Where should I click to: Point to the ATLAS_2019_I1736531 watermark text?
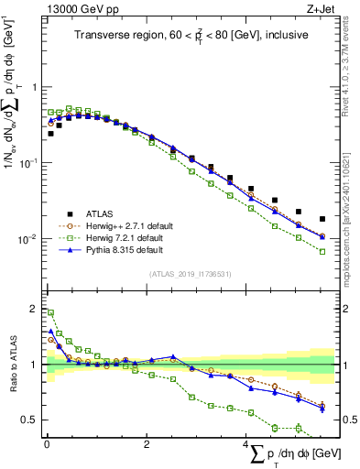tap(190, 273)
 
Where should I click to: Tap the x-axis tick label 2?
tap(147, 445)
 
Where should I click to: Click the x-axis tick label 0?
tap(47, 445)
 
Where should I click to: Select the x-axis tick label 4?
tap(245, 445)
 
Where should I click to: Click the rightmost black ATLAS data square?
tap(322, 219)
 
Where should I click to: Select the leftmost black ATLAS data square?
tap(50, 134)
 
